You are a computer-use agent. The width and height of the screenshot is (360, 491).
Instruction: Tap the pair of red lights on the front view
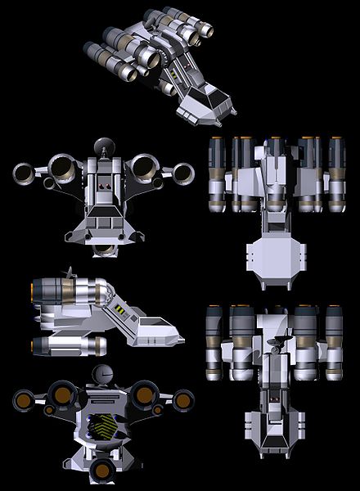pyautogui.click(x=104, y=187)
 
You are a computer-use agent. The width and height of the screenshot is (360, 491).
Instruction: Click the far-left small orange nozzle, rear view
pyautogui.click(x=23, y=400)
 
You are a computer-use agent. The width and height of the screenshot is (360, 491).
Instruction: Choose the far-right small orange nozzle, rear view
pyautogui.click(x=183, y=400)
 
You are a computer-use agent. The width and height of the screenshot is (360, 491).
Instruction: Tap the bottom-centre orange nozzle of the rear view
pyautogui.click(x=103, y=469)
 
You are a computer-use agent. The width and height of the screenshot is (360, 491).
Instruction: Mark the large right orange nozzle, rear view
pyautogui.click(x=145, y=395)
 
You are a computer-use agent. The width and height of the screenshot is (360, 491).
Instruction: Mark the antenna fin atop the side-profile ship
pyautogui.click(x=70, y=271)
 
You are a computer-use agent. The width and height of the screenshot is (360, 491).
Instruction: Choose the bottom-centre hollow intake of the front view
pyautogui.click(x=104, y=248)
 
